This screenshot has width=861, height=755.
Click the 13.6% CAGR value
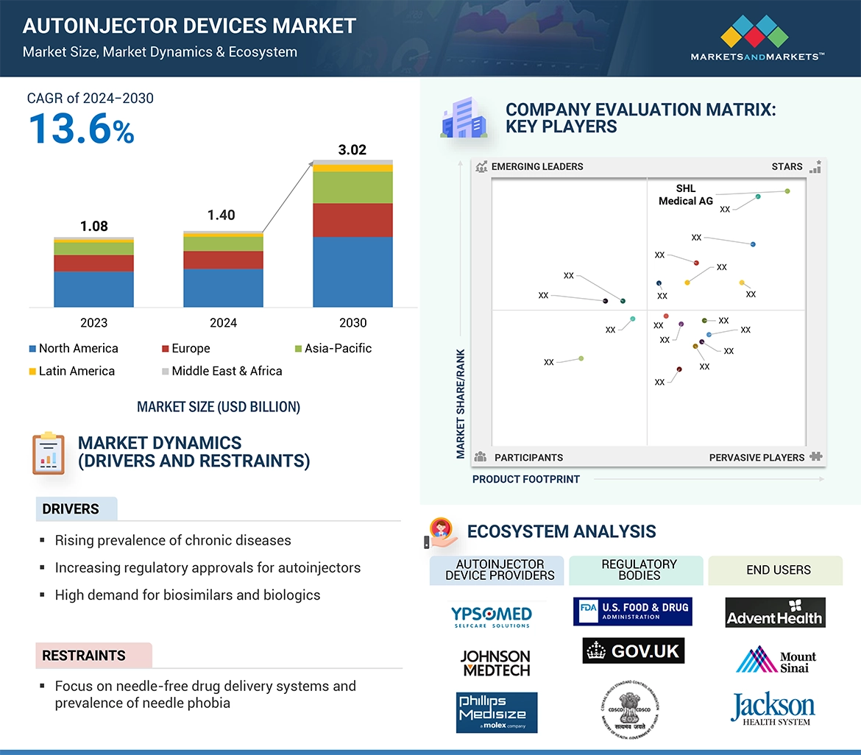click(x=81, y=130)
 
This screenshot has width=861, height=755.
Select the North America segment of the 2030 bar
click(x=352, y=272)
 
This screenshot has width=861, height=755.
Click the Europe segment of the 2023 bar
click(x=93, y=263)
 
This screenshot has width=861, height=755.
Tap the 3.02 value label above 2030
click(x=352, y=150)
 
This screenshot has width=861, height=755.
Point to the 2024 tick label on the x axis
click(x=223, y=323)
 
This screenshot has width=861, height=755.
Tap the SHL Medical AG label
click(x=685, y=195)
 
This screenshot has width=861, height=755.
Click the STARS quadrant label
click(x=787, y=167)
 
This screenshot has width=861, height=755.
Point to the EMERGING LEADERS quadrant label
click(x=536, y=167)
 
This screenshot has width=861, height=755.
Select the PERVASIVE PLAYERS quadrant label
click(x=757, y=458)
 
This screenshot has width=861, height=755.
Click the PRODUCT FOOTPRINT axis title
click(x=525, y=479)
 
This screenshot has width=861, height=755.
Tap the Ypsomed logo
click(x=491, y=615)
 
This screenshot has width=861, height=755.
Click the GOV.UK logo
click(x=634, y=651)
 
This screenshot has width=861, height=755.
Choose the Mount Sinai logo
click(x=776, y=660)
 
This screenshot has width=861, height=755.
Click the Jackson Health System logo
click(x=773, y=709)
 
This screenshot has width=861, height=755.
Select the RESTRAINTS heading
click(x=84, y=656)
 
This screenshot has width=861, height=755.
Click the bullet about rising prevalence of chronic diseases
click(x=173, y=541)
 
